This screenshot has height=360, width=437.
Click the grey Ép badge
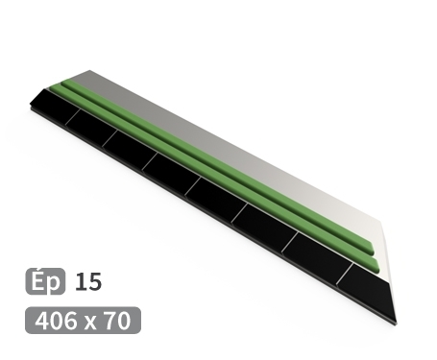click(44, 282)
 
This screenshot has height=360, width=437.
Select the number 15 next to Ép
click(87, 282)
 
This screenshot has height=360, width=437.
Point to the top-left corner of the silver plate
click(87, 71)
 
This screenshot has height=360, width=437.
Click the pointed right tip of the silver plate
click(387, 230)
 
